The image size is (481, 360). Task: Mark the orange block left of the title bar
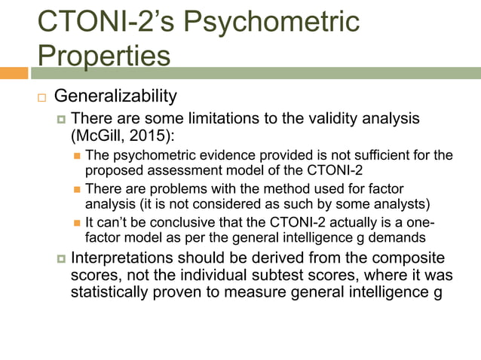click(x=14, y=73)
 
